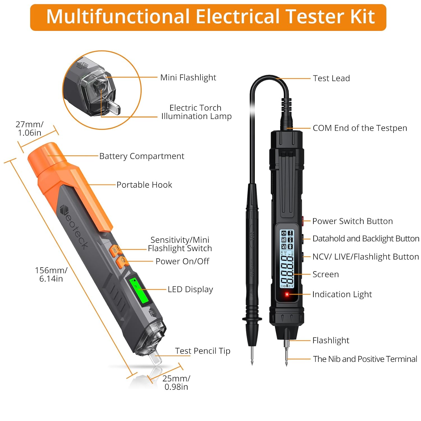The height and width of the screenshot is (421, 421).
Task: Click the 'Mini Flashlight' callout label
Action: pyautogui.click(x=188, y=77)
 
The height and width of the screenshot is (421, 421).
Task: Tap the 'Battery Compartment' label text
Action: pyautogui.click(x=142, y=156)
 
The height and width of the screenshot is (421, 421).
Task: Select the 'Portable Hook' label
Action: pyautogui.click(x=144, y=185)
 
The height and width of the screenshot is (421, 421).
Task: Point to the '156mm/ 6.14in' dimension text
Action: pyautogui.click(x=51, y=274)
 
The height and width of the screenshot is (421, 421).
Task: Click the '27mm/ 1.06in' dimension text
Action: pyautogui.click(x=29, y=128)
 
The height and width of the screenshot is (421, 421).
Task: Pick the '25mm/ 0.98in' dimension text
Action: pyautogui.click(x=176, y=382)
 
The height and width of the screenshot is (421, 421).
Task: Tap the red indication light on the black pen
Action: pyautogui.click(x=287, y=294)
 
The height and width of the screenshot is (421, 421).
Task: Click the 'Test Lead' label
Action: pyautogui.click(x=331, y=78)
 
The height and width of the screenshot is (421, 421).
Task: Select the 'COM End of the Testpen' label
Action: pyautogui.click(x=360, y=128)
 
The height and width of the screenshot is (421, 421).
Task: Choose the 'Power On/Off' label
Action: pyautogui.click(x=182, y=261)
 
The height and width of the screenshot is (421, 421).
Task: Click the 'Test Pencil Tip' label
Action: pyautogui.click(x=203, y=351)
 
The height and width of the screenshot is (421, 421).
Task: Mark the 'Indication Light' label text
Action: pyautogui.click(x=342, y=294)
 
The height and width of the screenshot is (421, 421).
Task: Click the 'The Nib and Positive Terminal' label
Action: pyautogui.click(x=365, y=359)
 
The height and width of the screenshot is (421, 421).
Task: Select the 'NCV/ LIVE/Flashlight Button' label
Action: pyautogui.click(x=365, y=257)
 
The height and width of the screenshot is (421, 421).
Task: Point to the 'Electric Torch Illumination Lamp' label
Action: pyautogui.click(x=196, y=112)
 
